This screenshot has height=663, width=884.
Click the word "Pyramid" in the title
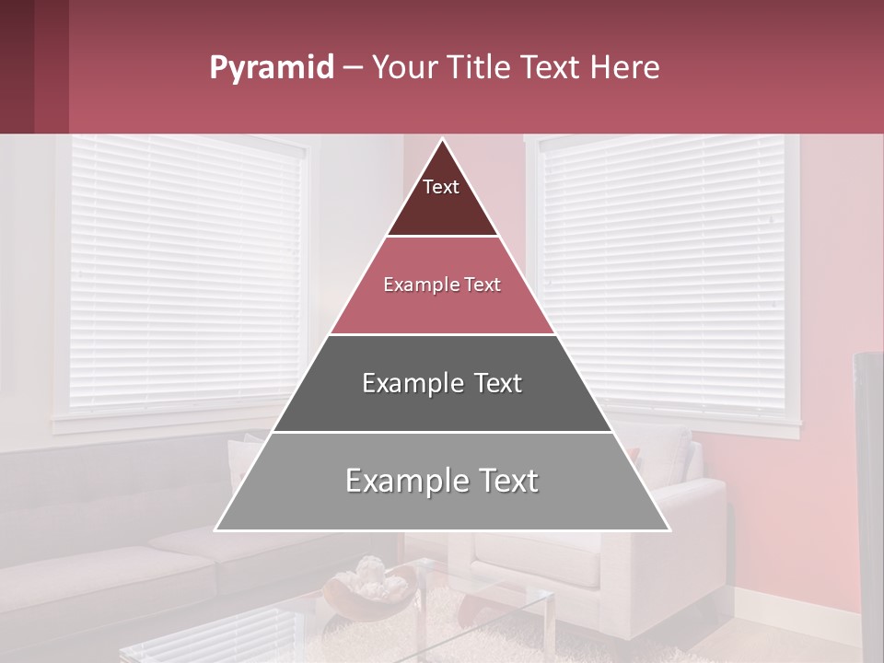pyautogui.click(x=271, y=68)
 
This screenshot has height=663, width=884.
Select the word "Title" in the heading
pyautogui.click(x=480, y=68)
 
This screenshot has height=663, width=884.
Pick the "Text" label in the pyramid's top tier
pyautogui.click(x=441, y=187)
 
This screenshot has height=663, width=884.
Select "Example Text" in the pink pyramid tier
pyautogui.click(x=442, y=285)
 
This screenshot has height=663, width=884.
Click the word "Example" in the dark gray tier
pyautogui.click(x=403, y=383)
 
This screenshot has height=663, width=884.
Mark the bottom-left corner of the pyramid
pyautogui.click(x=215, y=530)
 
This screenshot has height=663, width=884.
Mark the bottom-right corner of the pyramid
pyautogui.click(x=669, y=530)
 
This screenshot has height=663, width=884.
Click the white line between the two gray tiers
pyautogui.click(x=442, y=432)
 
